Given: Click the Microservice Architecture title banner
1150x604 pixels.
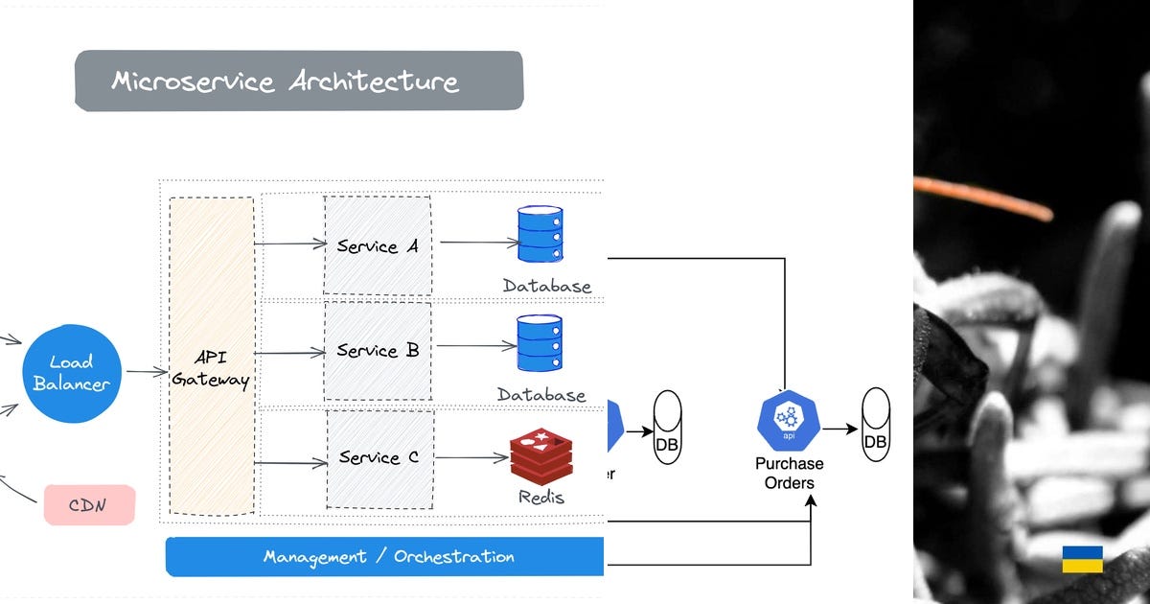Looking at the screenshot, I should point(299,81).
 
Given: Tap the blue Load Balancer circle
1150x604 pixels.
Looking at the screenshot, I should point(72,373).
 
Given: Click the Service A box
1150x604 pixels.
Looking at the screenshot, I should point(378,245).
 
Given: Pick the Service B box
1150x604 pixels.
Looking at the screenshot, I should point(378,351).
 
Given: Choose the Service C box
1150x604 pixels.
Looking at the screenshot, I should point(379,458).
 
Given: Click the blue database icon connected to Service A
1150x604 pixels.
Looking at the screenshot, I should point(540,234).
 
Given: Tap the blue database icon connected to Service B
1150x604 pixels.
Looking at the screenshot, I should point(540,343).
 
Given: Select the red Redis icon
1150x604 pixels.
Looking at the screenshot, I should point(541,456).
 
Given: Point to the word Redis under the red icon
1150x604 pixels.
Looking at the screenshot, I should point(541,497).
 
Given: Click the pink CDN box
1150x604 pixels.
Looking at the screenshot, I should point(89,505).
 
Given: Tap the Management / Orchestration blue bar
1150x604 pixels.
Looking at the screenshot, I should point(385,557).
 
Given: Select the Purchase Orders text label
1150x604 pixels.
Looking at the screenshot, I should point(789,473).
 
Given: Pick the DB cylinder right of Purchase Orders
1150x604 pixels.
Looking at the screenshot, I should point(875,424).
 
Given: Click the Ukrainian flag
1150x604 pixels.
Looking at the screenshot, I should point(1082,559).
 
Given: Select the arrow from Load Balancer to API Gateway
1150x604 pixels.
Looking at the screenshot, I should point(147,372).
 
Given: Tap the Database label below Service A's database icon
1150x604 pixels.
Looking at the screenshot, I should point(547,286).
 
